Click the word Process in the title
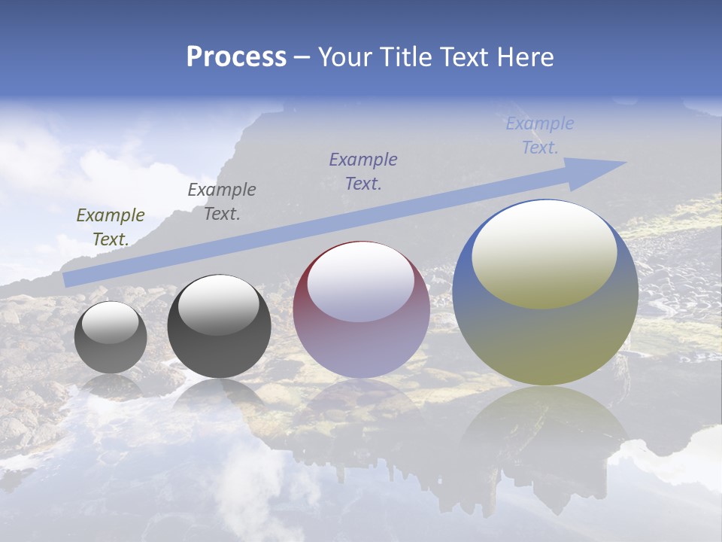click(x=236, y=57)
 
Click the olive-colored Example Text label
click(x=111, y=227)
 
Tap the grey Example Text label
click(x=222, y=201)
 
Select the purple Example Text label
click(x=363, y=171)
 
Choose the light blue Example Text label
click(x=539, y=135)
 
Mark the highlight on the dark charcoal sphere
click(x=219, y=305)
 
